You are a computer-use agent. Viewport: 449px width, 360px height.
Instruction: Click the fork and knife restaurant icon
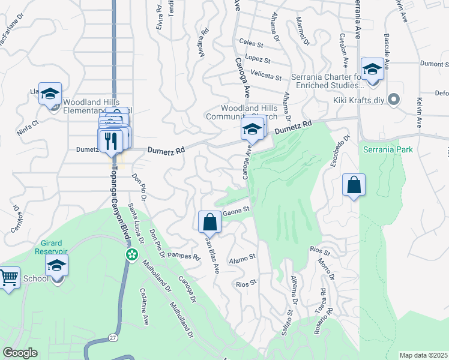(x=110, y=140)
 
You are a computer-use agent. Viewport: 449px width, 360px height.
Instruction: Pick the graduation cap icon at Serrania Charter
(x=372, y=69)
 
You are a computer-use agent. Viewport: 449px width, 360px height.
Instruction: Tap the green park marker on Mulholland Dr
(x=131, y=255)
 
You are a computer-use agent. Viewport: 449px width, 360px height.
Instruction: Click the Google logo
(x=20, y=353)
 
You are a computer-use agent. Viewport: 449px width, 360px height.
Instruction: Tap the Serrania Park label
(x=388, y=148)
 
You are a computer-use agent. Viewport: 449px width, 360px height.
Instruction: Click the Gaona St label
(x=236, y=211)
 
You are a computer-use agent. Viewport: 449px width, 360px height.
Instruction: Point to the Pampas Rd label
(x=183, y=256)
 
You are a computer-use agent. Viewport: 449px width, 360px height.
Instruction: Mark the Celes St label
(x=251, y=44)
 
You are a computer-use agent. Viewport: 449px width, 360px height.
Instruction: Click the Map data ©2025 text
(x=423, y=355)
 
